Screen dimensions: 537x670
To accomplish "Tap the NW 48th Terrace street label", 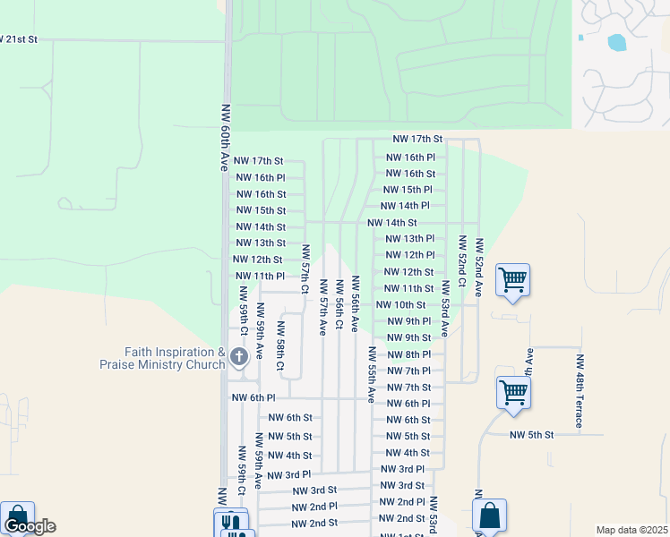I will tap(580, 390).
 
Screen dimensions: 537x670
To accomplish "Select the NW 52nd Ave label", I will tap(479, 267).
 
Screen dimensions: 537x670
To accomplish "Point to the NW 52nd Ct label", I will tap(462, 261).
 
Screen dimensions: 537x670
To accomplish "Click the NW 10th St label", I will tap(400, 305).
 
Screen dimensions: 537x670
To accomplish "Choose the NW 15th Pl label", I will tap(408, 190).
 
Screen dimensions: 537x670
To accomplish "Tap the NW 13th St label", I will tap(260, 243).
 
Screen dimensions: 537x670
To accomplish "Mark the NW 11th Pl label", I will tap(259, 277).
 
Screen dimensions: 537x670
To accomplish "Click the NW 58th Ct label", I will tap(280, 345).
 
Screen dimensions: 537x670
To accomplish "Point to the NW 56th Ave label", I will tap(356, 304).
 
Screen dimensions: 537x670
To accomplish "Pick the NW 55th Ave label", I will tap(372, 374).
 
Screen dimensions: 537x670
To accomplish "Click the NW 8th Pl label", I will tap(409, 354).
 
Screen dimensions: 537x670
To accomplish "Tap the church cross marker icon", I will tap(238, 357).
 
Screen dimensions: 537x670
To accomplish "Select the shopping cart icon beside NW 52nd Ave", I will tap(512, 279).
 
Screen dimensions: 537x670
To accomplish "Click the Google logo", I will tap(30, 526).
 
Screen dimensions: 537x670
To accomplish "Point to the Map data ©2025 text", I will tap(631, 530).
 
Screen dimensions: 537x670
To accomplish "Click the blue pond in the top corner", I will tap(616, 42).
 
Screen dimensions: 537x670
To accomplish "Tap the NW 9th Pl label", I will tap(409, 321).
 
